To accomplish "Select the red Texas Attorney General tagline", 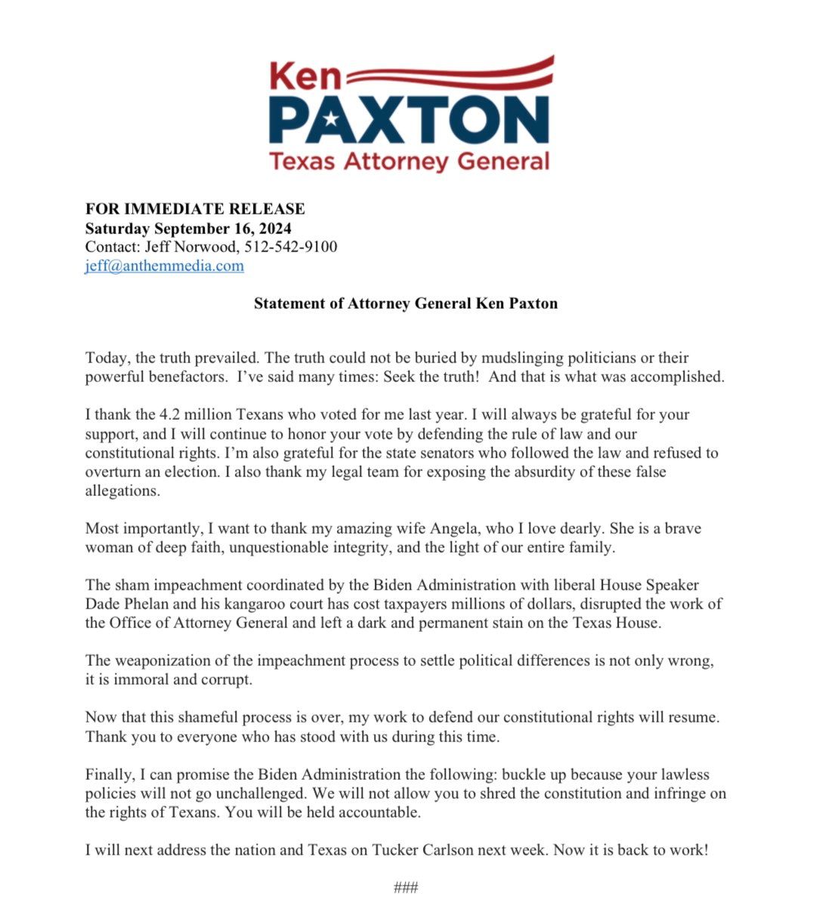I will (x=409, y=161).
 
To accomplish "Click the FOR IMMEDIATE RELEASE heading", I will (x=195, y=209).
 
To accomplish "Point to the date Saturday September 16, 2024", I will (x=188, y=228).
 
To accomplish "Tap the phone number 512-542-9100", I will (x=291, y=247).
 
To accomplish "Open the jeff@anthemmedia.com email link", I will (x=164, y=266).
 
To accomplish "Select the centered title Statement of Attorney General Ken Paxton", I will (x=406, y=303).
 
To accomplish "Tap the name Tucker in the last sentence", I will (x=394, y=850).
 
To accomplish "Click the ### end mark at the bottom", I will (x=406, y=888).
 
